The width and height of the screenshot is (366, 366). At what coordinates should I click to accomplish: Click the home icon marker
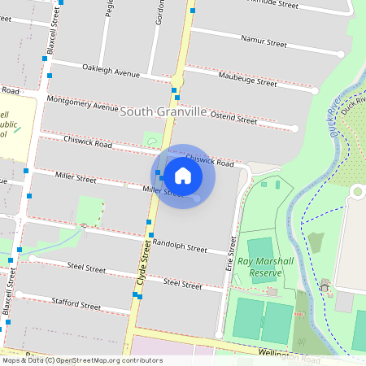tap(183, 176)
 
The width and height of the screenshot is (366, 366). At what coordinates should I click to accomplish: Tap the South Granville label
tap(163, 111)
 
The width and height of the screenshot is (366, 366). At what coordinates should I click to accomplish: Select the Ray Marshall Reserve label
tap(265, 268)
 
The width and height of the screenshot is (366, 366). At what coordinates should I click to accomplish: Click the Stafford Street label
tap(74, 305)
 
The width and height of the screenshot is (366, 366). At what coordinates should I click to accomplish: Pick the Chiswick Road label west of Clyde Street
tap(89, 142)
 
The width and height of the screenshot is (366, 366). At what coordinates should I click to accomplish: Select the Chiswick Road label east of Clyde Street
tap(210, 160)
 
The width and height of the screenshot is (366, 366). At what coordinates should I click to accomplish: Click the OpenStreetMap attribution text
tap(81, 360)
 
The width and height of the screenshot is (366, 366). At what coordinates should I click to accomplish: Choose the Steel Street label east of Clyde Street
tap(181, 285)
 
